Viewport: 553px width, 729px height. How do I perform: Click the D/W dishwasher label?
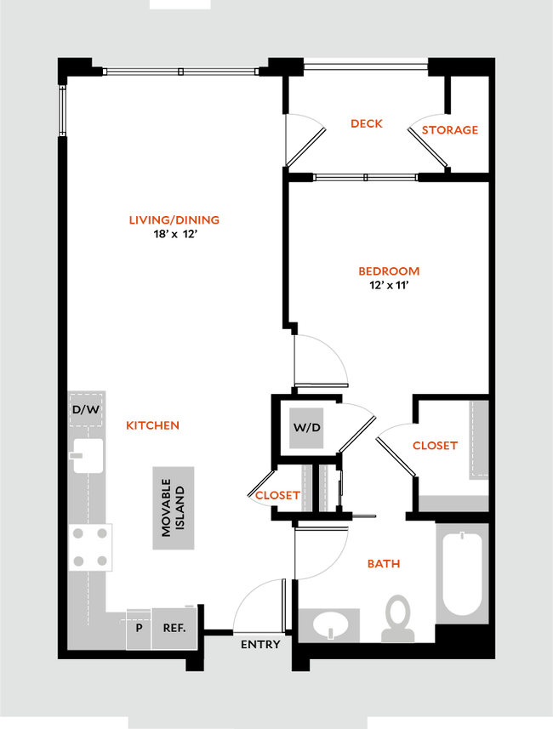(86, 410)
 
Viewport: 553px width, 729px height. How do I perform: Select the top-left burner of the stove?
(79, 534)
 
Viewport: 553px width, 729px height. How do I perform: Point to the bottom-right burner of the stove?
(102, 561)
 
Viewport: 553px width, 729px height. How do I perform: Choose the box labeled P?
(138, 629)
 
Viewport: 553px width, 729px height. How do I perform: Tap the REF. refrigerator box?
(174, 629)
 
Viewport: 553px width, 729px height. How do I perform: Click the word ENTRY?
(260, 645)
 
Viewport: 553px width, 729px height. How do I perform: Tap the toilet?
(396, 616)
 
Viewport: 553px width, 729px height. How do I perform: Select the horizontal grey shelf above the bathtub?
(453, 503)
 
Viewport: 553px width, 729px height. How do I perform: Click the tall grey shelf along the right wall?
(477, 439)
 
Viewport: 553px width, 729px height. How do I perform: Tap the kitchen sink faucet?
(77, 455)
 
